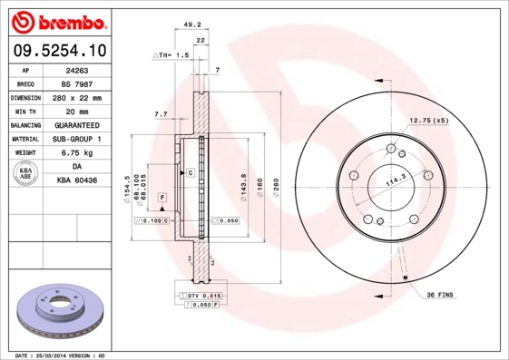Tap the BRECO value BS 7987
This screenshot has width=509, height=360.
(75, 83)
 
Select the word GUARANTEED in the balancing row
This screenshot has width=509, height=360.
(75, 125)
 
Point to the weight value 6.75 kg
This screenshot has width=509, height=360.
(75, 153)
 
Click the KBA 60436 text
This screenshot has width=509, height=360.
(75, 180)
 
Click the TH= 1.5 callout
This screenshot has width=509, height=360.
(171, 55)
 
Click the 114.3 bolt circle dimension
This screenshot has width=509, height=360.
(395, 181)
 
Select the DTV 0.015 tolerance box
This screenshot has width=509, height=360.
(201, 297)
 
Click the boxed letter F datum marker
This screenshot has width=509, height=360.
(162, 197)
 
